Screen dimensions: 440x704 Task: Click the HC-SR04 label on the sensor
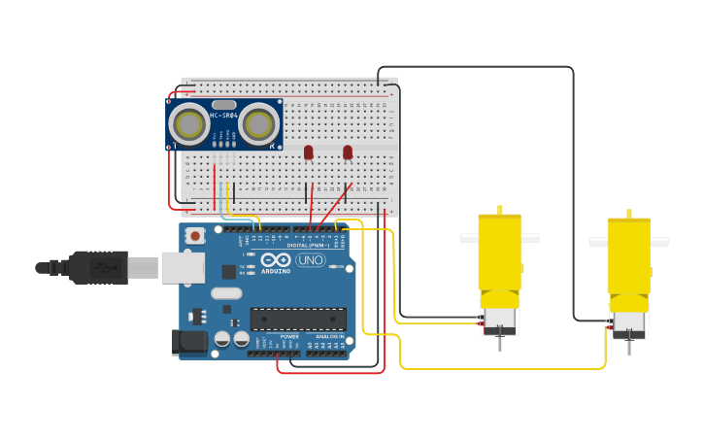(x=223, y=116)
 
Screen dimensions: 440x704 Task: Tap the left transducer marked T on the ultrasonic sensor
(x=188, y=124)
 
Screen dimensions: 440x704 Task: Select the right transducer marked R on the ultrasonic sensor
(x=259, y=124)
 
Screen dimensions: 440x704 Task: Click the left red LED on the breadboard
(x=309, y=152)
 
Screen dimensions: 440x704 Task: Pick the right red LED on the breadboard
(x=348, y=152)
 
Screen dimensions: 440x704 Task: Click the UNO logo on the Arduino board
(x=310, y=260)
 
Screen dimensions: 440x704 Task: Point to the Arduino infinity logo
(x=276, y=260)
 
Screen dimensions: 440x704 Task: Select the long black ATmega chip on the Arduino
(x=298, y=319)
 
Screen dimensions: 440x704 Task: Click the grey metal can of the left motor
(x=500, y=318)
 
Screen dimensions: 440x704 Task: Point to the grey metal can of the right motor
(x=628, y=322)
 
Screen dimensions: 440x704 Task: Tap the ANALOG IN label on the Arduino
(x=328, y=336)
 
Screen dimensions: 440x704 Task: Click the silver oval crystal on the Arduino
(x=225, y=292)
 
